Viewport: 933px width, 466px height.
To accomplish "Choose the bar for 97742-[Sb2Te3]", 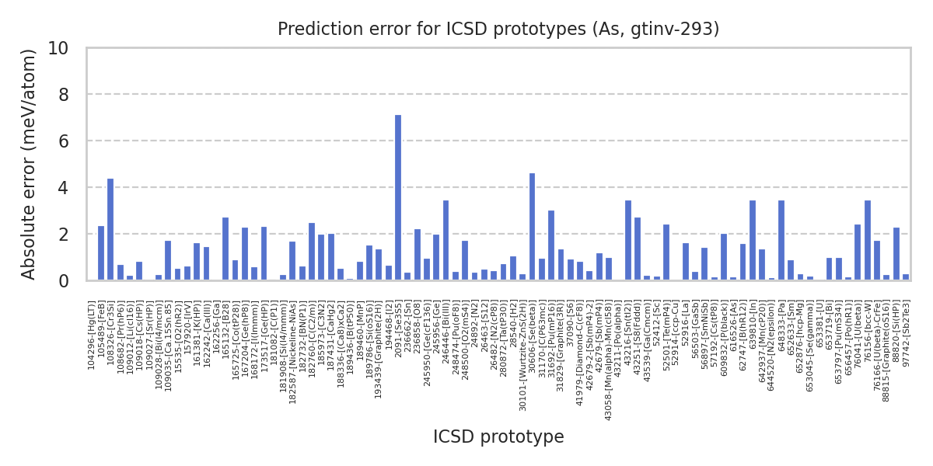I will (906, 277).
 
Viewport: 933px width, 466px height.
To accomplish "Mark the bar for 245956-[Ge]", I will (436, 257).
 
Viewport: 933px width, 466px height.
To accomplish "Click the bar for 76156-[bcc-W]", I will (868, 240).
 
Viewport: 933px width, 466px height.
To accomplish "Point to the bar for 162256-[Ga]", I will (216, 280).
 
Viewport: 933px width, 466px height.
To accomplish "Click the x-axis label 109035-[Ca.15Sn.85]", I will (168, 343).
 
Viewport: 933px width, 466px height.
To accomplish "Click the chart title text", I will (498, 30).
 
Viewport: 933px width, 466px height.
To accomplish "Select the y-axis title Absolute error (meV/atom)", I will (30, 164).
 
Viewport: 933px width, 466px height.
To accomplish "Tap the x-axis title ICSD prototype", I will (498, 437).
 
